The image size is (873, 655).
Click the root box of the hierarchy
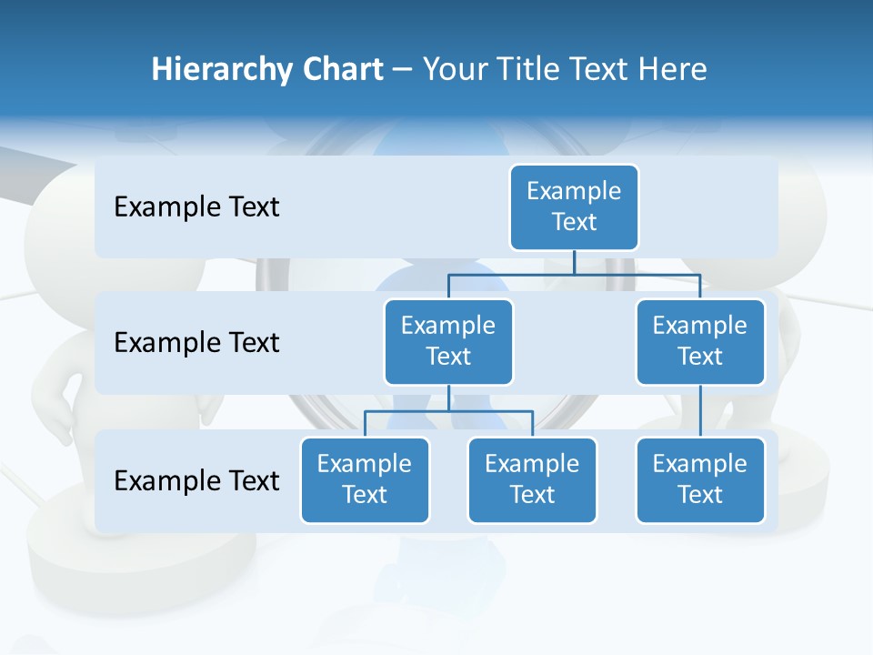(x=574, y=207)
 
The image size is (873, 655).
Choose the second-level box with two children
(x=448, y=341)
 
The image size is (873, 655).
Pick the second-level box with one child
(x=700, y=341)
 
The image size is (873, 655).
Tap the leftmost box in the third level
(x=365, y=479)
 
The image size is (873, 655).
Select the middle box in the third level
(x=532, y=479)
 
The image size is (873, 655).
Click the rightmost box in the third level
(x=700, y=479)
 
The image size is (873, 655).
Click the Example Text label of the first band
(x=196, y=207)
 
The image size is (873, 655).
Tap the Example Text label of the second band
(x=196, y=343)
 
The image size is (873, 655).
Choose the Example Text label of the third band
(x=196, y=480)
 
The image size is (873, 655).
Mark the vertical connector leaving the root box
(x=574, y=262)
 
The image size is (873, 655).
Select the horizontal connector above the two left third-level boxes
(x=448, y=411)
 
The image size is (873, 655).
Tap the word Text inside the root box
(x=574, y=222)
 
